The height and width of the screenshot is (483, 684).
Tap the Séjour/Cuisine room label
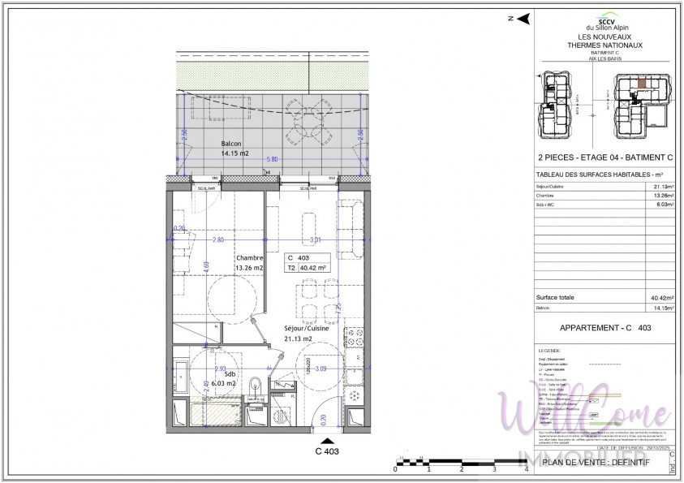306,329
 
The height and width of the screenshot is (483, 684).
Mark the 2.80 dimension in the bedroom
217,240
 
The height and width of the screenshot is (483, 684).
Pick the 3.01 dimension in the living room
316,240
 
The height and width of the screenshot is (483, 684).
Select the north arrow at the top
523,19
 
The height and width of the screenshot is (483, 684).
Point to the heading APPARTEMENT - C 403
605,328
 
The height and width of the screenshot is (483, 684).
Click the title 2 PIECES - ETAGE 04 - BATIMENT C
595,157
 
